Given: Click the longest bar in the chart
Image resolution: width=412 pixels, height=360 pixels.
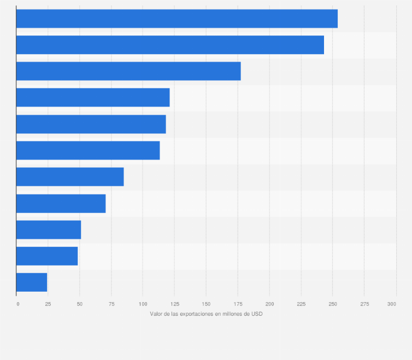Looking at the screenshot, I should (176, 19).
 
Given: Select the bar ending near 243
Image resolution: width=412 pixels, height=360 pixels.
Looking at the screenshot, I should (170, 45).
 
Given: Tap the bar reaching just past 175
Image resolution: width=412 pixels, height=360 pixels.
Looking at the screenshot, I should (128, 71).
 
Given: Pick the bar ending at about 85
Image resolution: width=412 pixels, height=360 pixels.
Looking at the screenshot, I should (70, 176).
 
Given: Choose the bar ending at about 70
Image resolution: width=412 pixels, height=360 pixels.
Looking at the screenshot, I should (61, 203).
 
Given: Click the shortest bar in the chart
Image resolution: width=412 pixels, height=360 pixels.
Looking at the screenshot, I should (32, 282).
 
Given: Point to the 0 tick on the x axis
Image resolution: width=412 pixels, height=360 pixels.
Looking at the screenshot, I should (17, 304).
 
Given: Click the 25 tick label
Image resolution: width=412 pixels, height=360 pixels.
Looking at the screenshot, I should (48, 304).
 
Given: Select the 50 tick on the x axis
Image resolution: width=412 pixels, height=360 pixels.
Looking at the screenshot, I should (80, 304).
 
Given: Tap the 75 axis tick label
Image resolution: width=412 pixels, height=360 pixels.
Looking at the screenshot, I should (111, 304).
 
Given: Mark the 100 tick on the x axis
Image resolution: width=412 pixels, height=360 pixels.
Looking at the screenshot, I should (143, 304).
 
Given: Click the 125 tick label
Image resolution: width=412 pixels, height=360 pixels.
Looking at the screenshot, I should (174, 304).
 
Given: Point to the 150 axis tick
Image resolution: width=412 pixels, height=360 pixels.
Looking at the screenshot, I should (206, 304).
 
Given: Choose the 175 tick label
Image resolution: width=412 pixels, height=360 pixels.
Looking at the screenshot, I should (238, 304).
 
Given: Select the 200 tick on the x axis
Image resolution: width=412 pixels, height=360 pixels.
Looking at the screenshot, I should (269, 304).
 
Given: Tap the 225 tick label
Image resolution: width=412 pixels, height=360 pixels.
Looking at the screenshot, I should (301, 304).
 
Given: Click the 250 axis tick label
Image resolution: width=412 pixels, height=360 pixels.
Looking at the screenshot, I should (332, 304).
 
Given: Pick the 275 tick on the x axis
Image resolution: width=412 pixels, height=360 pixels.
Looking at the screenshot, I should (364, 304).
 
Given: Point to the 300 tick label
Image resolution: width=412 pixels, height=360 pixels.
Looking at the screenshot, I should (392, 304).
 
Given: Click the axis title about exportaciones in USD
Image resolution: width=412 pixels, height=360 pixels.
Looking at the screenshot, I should (206, 314).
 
